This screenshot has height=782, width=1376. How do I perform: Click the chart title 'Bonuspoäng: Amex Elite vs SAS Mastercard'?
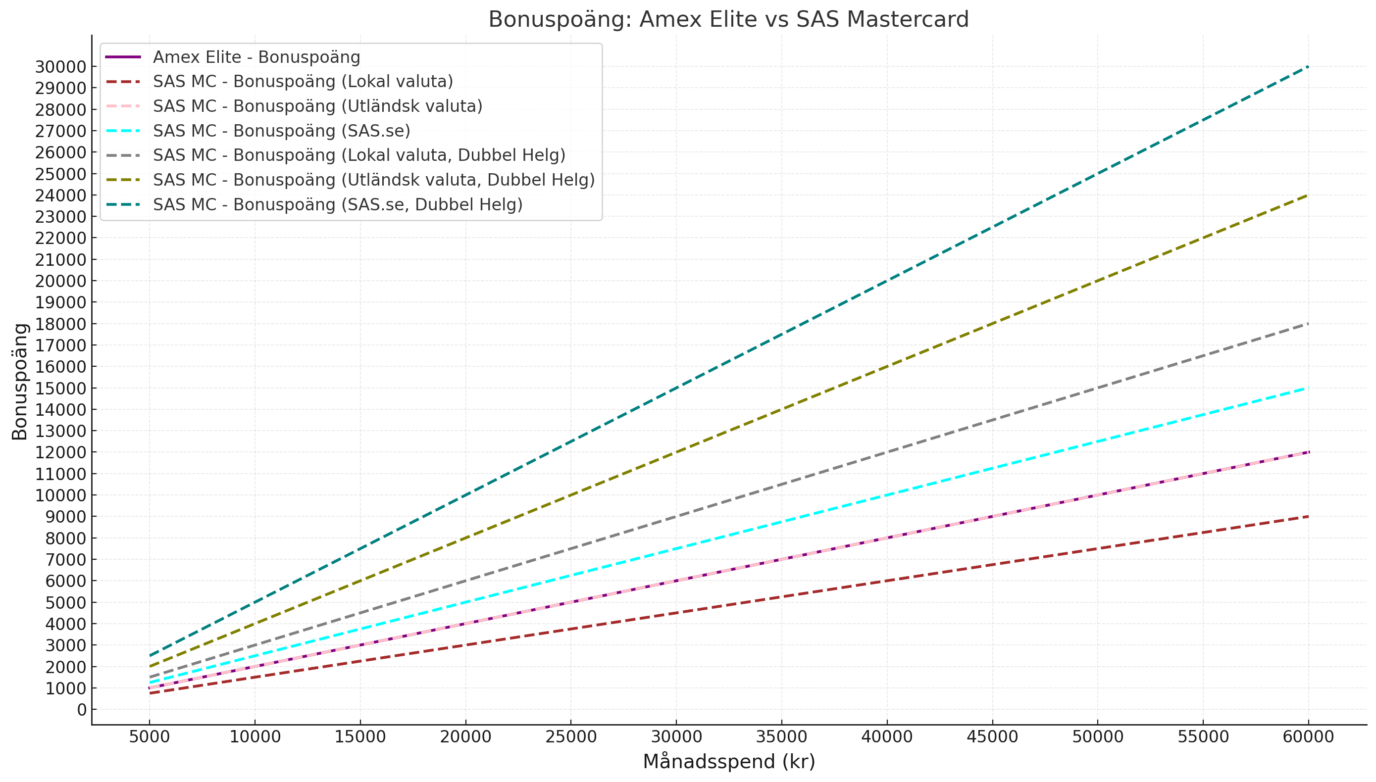click(x=728, y=20)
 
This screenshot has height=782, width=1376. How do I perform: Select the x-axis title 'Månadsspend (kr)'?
click(x=728, y=762)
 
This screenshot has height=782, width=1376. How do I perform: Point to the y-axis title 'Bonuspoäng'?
click(x=20, y=381)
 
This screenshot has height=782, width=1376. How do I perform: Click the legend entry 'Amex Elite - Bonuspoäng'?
click(x=256, y=57)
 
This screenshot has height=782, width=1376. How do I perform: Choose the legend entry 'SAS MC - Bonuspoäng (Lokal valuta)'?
click(x=303, y=82)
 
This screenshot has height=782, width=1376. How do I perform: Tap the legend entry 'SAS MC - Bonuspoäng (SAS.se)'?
click(x=281, y=131)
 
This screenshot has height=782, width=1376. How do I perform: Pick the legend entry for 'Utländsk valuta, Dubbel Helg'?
click(x=373, y=180)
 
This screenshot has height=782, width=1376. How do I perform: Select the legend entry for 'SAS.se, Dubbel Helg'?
click(x=337, y=204)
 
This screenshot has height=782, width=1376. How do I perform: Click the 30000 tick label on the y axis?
click(x=61, y=67)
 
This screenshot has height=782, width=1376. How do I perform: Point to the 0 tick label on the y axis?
click(x=82, y=710)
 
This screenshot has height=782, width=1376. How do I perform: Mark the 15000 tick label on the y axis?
click(x=61, y=389)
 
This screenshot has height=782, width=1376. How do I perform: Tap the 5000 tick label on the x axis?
click(x=150, y=736)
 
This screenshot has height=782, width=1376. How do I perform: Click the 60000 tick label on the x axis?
click(x=1308, y=736)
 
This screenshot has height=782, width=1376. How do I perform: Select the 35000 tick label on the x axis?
click(x=781, y=736)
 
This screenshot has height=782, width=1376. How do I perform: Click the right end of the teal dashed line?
click(x=1308, y=67)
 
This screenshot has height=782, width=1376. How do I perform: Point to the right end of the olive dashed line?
click(x=1308, y=195)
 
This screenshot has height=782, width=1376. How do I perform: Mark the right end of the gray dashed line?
click(x=1308, y=324)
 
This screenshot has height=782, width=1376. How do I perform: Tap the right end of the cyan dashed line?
click(x=1308, y=388)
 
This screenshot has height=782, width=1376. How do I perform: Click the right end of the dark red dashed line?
click(x=1308, y=517)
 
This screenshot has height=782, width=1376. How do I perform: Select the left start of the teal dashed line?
click(x=150, y=656)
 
